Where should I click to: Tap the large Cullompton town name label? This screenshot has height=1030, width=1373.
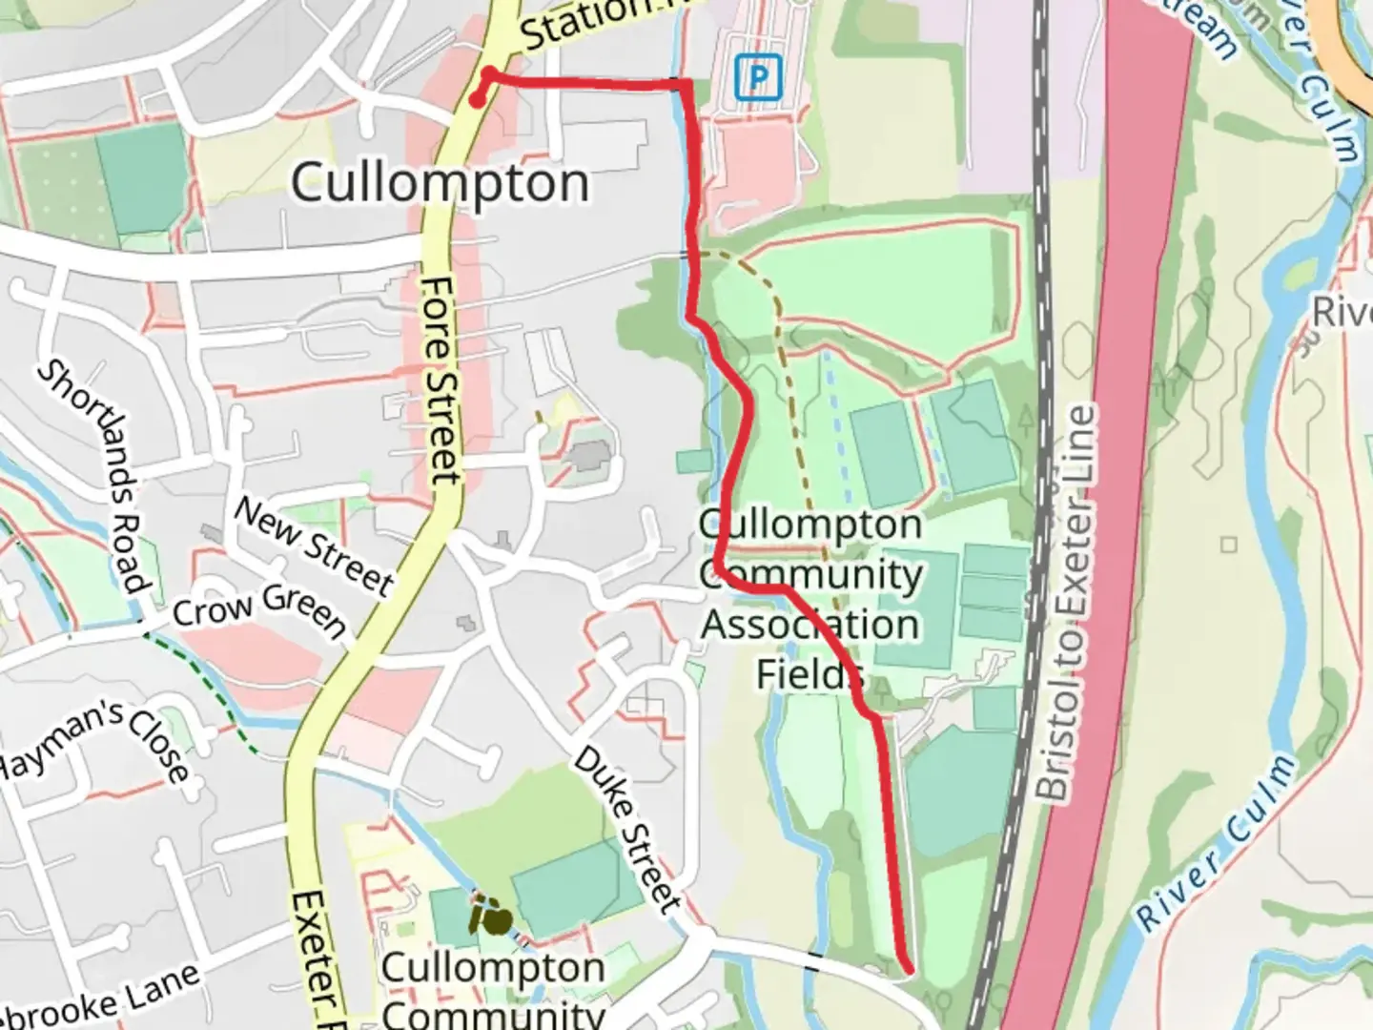440,182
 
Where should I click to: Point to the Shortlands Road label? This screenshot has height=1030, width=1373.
93,474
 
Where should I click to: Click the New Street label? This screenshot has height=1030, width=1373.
314,546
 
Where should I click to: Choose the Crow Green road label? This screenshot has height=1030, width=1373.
259,612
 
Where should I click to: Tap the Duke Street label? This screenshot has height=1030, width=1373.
626,827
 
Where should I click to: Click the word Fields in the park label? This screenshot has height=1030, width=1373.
809,674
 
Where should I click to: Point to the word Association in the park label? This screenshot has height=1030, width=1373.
810,626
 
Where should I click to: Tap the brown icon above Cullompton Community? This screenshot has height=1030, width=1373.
491,916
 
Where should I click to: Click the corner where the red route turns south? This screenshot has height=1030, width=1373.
685,87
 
